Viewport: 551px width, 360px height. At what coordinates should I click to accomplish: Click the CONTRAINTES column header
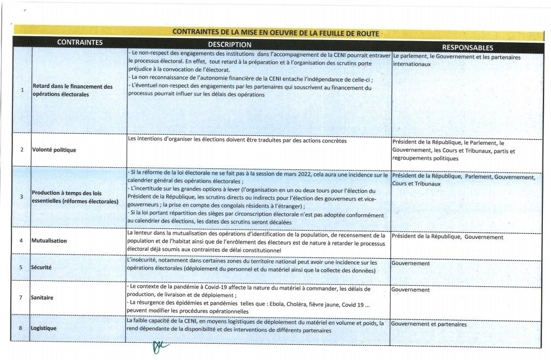tap(80, 42)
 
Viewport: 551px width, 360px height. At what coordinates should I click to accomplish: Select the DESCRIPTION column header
tap(230, 44)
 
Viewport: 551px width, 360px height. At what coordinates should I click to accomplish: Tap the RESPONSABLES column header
tap(467, 47)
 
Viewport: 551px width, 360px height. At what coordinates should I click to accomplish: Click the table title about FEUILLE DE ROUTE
tap(275, 32)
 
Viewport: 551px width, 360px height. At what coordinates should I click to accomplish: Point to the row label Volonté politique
tap(54, 149)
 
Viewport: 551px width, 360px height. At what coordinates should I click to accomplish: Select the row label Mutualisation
tap(49, 240)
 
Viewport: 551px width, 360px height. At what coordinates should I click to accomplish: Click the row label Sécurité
tap(42, 267)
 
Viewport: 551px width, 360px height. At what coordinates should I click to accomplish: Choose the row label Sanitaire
tap(43, 298)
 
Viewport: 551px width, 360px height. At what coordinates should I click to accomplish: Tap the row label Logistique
tap(44, 328)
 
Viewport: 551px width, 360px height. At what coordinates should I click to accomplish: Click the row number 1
tap(22, 90)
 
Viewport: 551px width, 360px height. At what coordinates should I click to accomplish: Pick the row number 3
tap(22, 197)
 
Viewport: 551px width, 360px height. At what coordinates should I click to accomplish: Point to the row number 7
tap(21, 298)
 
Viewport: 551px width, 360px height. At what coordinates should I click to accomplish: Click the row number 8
tap(21, 328)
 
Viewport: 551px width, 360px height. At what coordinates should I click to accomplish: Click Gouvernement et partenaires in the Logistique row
tap(429, 324)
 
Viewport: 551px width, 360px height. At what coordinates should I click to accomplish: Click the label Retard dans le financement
tap(73, 87)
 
